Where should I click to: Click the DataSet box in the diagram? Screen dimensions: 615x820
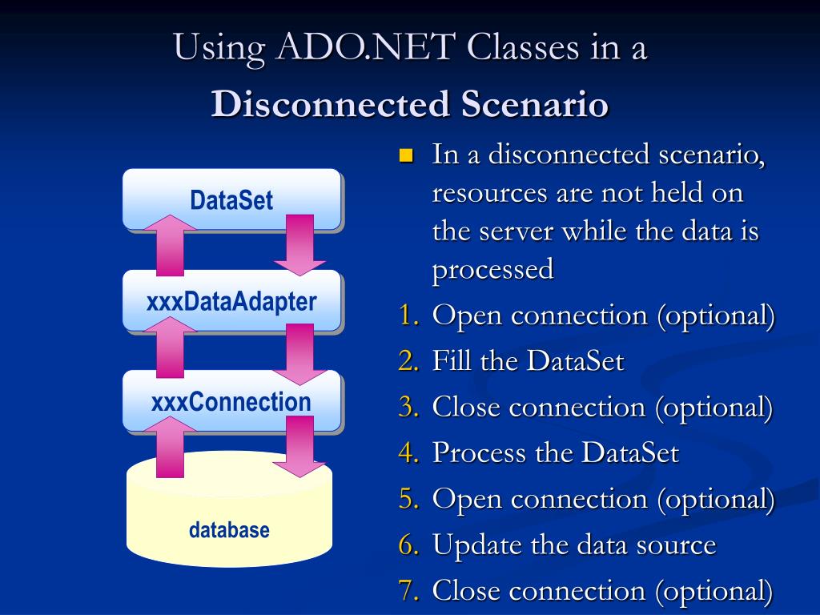[231, 199]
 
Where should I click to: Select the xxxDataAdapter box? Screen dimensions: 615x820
[231, 301]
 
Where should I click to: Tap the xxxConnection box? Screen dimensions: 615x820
[231, 401]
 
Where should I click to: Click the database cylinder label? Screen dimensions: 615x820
[229, 530]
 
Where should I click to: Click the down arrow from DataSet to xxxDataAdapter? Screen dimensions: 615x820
[299, 244]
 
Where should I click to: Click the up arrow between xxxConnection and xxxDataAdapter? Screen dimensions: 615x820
[169, 347]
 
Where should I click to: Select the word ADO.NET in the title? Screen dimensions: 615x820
[356, 47]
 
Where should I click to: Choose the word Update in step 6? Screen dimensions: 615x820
[477, 546]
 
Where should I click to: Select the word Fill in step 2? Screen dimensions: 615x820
[452, 362]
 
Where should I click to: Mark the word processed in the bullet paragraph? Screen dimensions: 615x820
[492, 270]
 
